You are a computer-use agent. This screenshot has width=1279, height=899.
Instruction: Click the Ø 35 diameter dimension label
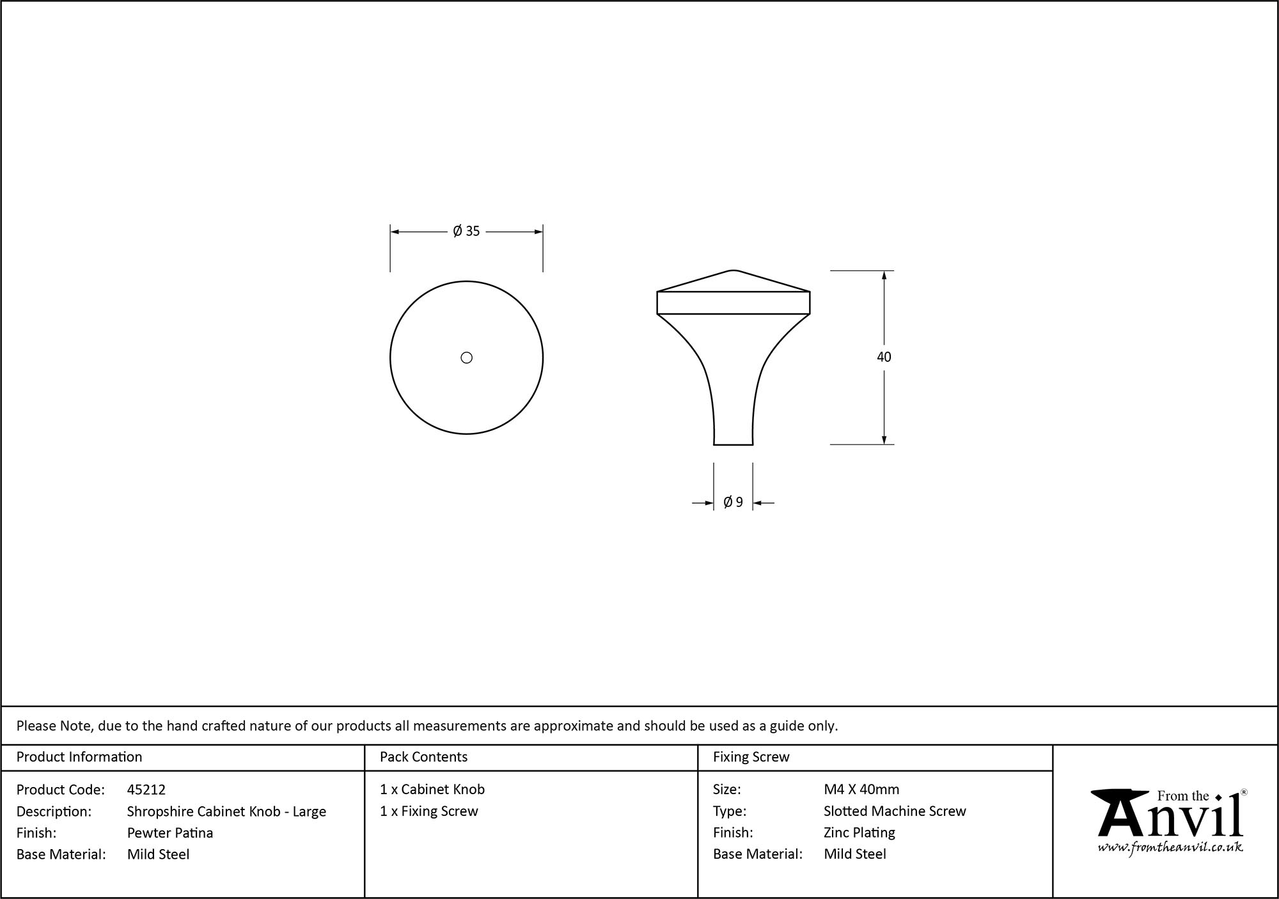point(466,231)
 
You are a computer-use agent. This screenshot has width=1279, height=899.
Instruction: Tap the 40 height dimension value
point(884,357)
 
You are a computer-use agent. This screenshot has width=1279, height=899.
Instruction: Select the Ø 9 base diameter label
point(733,503)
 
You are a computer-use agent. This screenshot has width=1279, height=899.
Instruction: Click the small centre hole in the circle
point(466,358)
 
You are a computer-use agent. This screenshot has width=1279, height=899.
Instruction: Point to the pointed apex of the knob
point(734,271)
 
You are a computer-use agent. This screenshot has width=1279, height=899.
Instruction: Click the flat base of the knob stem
point(734,444)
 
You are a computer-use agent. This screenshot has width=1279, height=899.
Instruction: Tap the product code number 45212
point(146,790)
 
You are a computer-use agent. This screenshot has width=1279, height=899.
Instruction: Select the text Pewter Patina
point(169,833)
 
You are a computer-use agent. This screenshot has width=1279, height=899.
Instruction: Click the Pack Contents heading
point(423,757)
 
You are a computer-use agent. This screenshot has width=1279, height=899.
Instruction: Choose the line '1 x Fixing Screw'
point(428,811)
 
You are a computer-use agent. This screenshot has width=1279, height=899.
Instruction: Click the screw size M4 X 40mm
point(861,790)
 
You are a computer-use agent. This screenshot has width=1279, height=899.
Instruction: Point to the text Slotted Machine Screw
point(894,811)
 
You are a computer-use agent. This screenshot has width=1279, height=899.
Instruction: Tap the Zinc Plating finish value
point(859,833)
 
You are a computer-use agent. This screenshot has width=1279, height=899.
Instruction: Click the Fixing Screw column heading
point(751,757)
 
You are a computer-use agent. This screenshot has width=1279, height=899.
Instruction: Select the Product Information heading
point(79,757)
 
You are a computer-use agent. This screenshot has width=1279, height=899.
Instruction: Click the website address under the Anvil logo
point(1170,847)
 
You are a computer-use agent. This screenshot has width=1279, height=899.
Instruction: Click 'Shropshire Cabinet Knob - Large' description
point(226,811)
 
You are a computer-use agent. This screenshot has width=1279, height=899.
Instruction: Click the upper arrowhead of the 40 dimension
point(884,276)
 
